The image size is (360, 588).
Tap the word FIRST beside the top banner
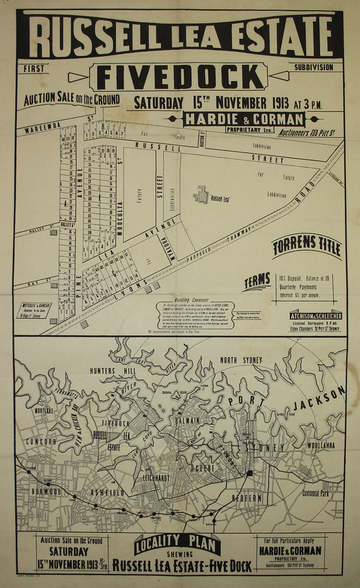(34, 69)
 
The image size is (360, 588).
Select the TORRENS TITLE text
(307, 247)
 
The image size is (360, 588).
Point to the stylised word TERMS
(257, 281)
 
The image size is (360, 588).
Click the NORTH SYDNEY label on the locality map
(241, 360)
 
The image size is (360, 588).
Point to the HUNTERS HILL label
(110, 371)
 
